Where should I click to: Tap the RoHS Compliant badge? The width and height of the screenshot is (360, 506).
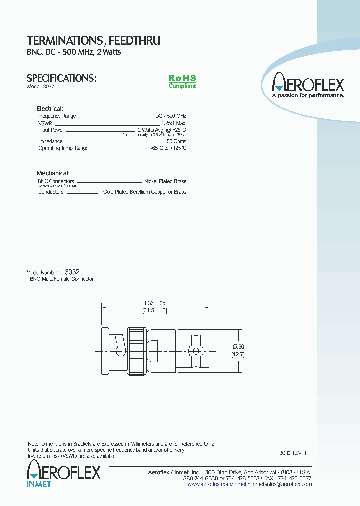[x=182, y=82]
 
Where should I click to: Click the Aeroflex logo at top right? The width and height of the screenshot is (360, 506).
[x=308, y=84]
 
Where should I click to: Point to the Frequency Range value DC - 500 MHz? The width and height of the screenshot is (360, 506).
[x=171, y=116]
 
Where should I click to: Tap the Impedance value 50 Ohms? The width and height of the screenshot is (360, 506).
[x=176, y=141]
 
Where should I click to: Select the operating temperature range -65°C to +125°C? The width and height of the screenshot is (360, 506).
[x=168, y=148]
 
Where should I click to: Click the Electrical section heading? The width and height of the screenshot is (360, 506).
[x=50, y=108]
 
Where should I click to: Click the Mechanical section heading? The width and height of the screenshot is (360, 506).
[x=53, y=173]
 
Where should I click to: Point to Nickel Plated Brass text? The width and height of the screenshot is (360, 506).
[x=165, y=181]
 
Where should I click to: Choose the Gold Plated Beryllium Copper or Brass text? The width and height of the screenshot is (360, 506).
[x=144, y=192]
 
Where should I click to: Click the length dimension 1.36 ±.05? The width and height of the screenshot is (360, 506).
[x=154, y=303]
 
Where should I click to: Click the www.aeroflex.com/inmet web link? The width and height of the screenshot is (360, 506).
[x=217, y=484]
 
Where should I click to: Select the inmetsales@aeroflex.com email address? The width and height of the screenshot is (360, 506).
[x=281, y=484]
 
